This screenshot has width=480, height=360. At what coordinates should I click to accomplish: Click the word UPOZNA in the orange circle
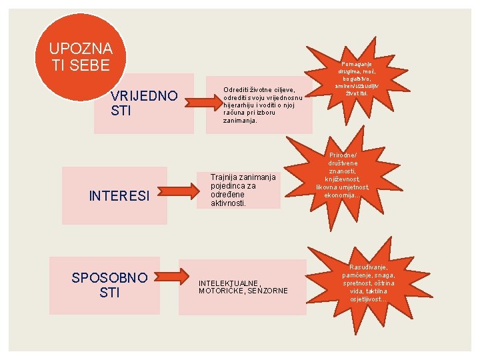tap(81, 49)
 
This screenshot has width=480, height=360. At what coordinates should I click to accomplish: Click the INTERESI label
tap(118, 196)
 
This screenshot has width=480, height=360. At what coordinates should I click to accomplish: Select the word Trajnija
tap(225, 177)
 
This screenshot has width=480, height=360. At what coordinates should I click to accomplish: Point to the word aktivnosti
tap(229, 203)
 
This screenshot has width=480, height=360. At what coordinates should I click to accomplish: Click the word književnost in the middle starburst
tap(343, 179)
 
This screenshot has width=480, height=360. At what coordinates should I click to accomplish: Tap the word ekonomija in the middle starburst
tap(342, 195)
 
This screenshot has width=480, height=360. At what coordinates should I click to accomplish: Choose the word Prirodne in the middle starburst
tap(343, 155)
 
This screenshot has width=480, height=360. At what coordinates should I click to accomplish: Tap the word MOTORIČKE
tap(221, 291)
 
